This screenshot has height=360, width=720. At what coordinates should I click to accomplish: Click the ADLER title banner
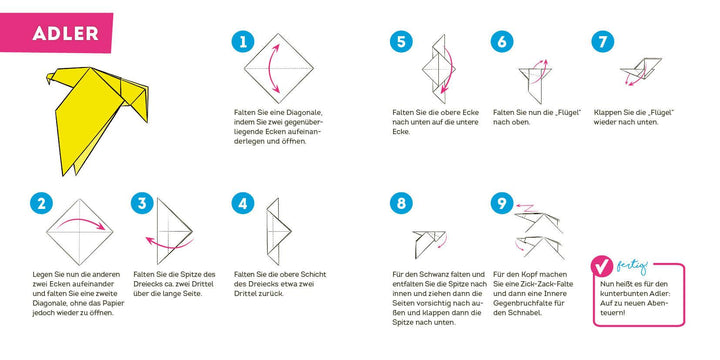[63, 32]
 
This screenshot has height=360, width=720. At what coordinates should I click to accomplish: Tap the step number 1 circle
[240, 42]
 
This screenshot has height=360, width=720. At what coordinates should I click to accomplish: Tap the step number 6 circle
[502, 42]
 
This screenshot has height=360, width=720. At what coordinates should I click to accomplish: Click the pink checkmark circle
[604, 267]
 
